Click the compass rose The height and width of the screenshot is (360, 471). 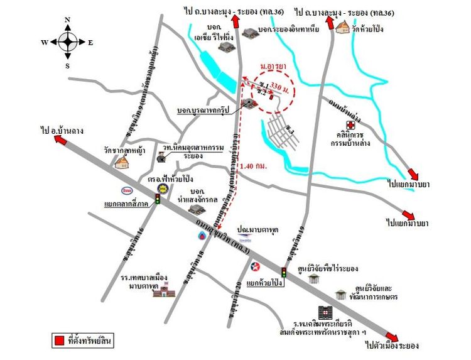tap(68, 42)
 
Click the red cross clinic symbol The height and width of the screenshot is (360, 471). tap(350, 126)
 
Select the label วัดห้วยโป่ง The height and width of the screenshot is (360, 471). tap(368, 30)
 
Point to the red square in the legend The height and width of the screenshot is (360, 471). tap(58, 341)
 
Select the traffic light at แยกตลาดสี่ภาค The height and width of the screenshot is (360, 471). tap(158, 198)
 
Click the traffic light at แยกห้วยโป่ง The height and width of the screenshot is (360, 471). tap(284, 272)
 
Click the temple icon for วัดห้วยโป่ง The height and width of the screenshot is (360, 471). tap(342, 28)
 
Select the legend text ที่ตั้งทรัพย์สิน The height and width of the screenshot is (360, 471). tap(90, 341)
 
